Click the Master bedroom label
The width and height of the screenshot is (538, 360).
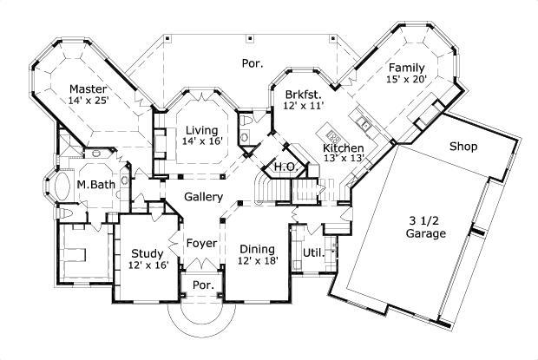(89, 89)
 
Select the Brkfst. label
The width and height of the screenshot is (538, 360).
(303, 94)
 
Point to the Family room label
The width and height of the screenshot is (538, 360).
(407, 68)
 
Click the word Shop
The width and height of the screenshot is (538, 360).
(463, 147)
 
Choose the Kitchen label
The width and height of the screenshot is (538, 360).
(344, 148)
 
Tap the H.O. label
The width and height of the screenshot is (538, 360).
(284, 167)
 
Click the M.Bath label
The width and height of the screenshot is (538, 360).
(92, 184)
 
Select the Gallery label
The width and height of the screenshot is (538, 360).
(203, 198)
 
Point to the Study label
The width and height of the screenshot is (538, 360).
(146, 253)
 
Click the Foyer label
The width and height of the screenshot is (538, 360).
(201, 242)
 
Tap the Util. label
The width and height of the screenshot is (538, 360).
(311, 252)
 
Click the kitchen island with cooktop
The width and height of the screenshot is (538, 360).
(331, 135)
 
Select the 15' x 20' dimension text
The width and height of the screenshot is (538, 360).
(407, 80)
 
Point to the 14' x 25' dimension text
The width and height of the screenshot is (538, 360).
(89, 101)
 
